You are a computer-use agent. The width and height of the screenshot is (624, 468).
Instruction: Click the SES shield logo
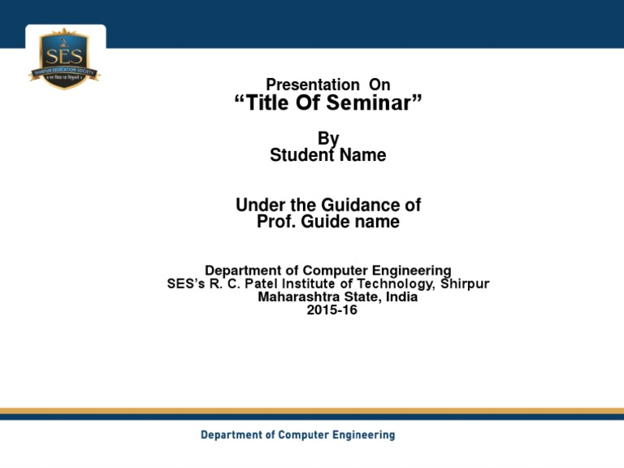click(x=65, y=58)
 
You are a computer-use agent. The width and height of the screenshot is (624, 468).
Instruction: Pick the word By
click(x=328, y=140)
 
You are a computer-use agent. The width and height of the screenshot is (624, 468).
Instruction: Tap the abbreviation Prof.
click(x=274, y=221)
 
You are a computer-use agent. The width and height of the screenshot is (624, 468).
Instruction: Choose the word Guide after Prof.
click(x=319, y=221)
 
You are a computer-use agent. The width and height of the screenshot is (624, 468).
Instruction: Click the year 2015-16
click(x=331, y=310)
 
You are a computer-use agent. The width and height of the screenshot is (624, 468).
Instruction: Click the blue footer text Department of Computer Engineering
click(x=298, y=435)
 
